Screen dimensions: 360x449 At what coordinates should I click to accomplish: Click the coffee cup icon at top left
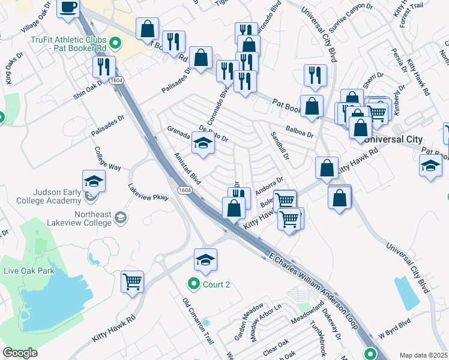68,7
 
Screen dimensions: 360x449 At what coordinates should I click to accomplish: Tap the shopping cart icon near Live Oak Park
132,280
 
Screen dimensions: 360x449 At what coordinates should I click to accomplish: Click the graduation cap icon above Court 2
205,260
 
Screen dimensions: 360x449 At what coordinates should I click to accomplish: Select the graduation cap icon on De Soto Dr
203,143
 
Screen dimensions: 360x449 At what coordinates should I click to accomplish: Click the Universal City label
393,139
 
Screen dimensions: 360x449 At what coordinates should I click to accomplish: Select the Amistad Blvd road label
187,167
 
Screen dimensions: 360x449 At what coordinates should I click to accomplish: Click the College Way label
107,160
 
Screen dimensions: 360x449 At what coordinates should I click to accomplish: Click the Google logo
20,353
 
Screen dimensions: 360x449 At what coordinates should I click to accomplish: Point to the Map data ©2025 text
423,355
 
